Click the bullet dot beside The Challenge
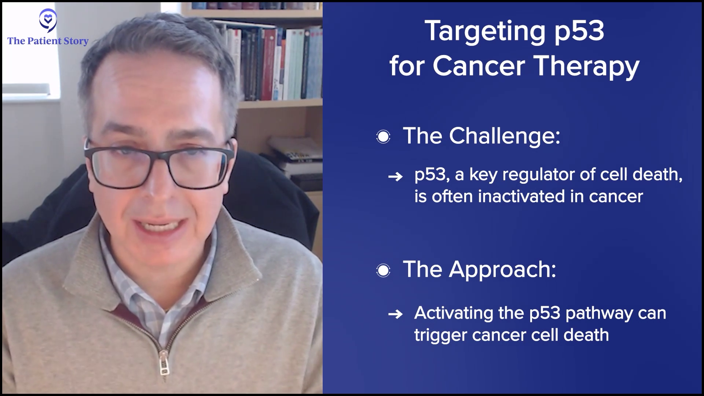(383, 137)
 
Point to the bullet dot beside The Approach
(383, 271)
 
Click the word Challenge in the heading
(505, 136)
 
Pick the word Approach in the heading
(503, 270)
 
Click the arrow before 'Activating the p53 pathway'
(395, 314)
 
